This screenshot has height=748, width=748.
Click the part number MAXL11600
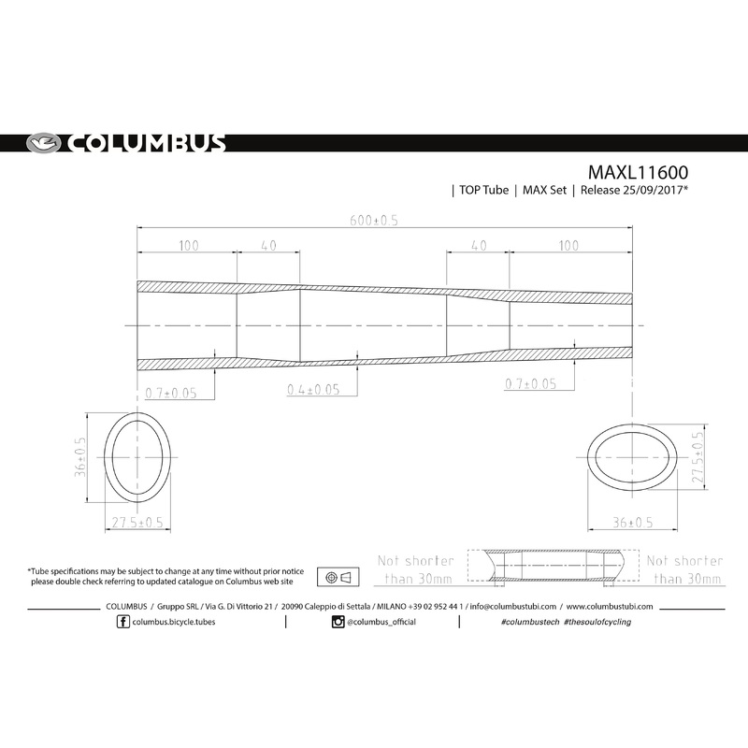[x=639, y=173]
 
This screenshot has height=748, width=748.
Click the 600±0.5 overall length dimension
[x=374, y=221]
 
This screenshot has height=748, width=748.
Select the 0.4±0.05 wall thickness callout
[x=313, y=389]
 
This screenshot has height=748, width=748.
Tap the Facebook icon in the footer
[x=124, y=622]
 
